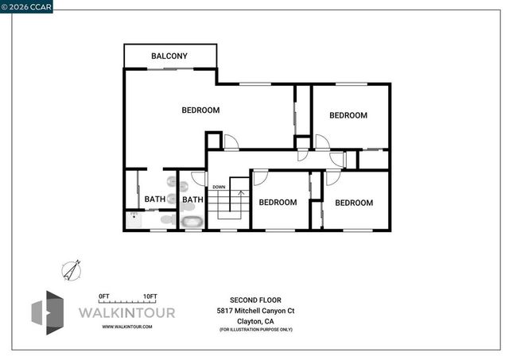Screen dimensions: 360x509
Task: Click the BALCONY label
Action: point(169,56)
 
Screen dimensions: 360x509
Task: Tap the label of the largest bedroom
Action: point(200,110)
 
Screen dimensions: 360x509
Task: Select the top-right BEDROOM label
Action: point(348,115)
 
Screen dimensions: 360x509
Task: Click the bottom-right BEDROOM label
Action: point(353,203)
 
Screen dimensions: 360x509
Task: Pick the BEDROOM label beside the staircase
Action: point(278,203)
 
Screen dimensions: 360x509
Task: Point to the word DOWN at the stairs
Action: point(219,188)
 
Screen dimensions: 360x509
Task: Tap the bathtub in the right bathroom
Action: point(192,221)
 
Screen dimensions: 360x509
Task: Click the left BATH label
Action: point(155,199)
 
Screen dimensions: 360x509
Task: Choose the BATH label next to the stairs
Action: point(192,199)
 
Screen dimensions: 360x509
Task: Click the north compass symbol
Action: point(72,270)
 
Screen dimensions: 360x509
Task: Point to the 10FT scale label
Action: point(150,296)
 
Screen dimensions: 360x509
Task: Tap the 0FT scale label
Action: point(103,296)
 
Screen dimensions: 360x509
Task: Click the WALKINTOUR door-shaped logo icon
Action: point(47,312)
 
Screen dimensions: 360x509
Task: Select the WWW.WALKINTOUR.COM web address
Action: point(127,327)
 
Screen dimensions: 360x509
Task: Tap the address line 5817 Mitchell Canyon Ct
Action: point(256,310)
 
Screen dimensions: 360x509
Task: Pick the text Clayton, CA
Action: point(256,320)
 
